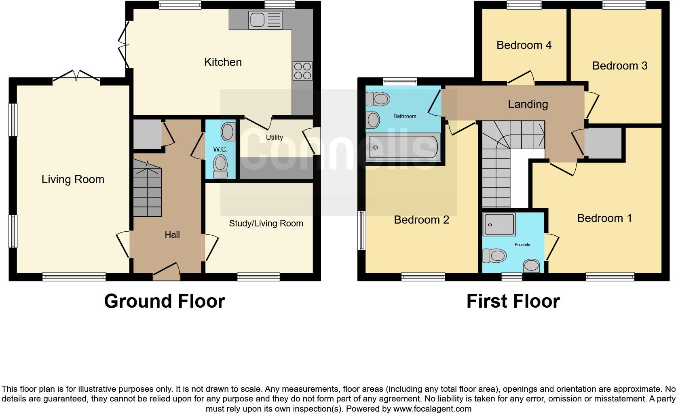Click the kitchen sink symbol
(266, 20)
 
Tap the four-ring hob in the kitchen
(302, 71)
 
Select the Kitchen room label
(223, 62)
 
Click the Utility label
(274, 137)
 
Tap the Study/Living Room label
(266, 224)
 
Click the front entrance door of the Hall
(167, 272)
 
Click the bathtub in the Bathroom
(403, 148)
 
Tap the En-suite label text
(522, 245)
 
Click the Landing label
(528, 104)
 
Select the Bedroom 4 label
(524, 45)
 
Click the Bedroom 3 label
(619, 66)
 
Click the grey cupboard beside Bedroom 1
(603, 144)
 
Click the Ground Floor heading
(164, 302)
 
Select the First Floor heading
(513, 302)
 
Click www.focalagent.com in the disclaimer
(432, 409)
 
